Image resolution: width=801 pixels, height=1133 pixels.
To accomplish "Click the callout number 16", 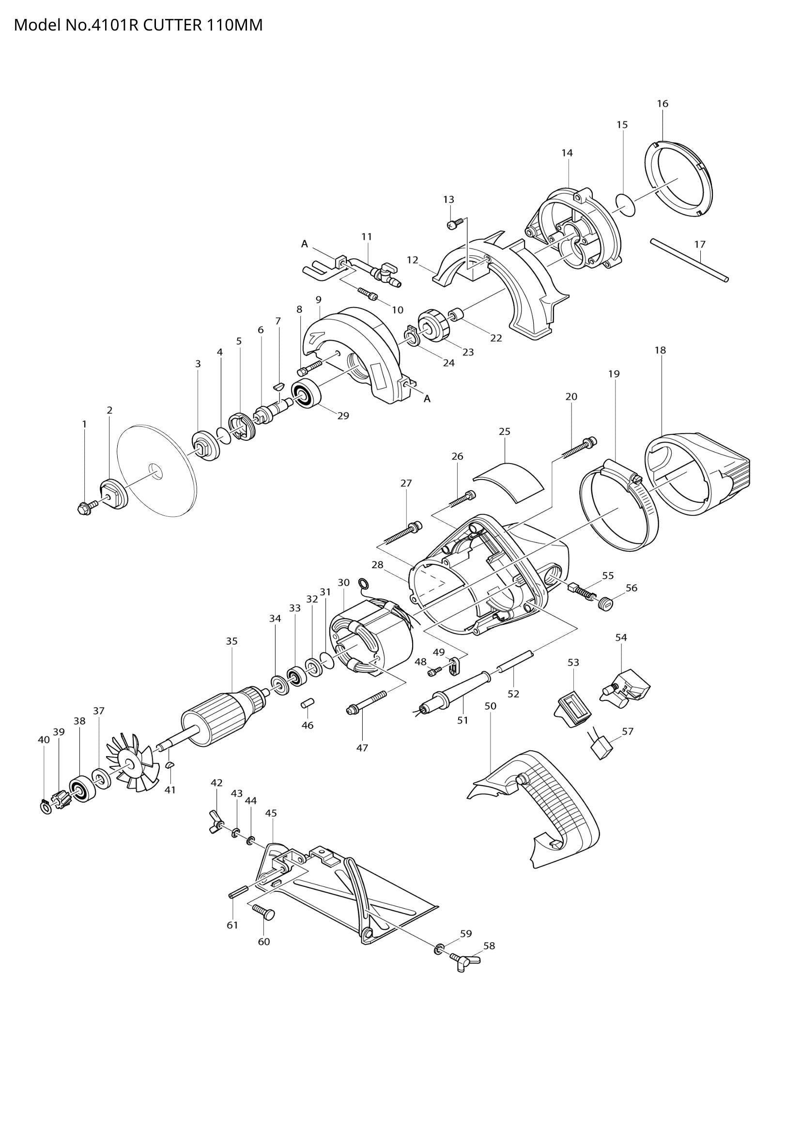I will click(662, 104).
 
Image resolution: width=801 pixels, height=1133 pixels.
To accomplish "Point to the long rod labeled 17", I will click(689, 260).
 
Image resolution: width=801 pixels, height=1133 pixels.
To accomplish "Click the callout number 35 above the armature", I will click(232, 641).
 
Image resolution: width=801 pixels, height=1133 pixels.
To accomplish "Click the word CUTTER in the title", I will click(172, 25).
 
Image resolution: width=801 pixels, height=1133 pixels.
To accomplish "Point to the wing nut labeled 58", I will click(464, 960).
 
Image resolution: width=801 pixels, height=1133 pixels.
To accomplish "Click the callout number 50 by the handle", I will click(490, 706).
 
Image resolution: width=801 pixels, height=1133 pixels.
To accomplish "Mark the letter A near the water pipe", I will click(304, 244).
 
